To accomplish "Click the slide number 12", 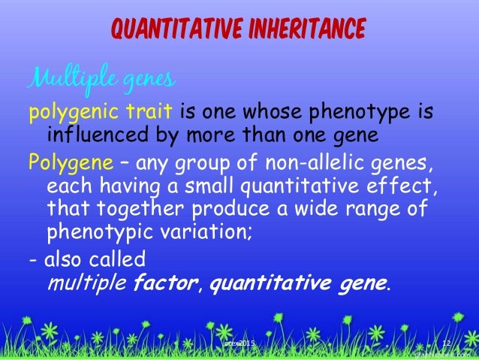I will [x=446, y=343].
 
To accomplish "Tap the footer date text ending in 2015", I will [x=240, y=343].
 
